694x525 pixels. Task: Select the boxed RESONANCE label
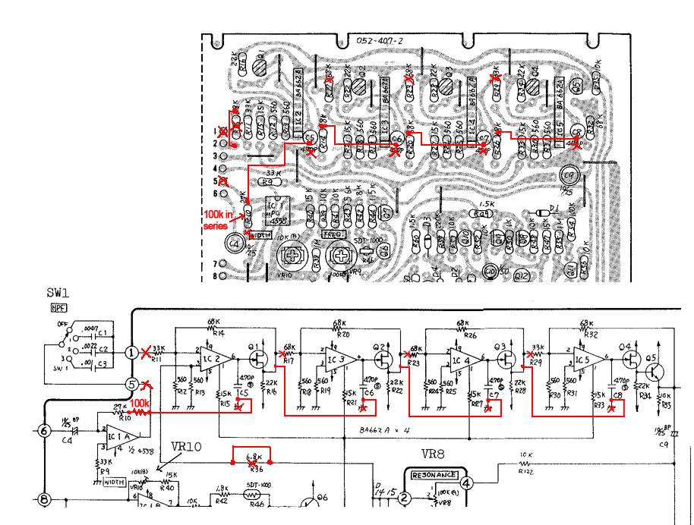click(436, 476)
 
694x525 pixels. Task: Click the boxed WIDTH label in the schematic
click(115, 482)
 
